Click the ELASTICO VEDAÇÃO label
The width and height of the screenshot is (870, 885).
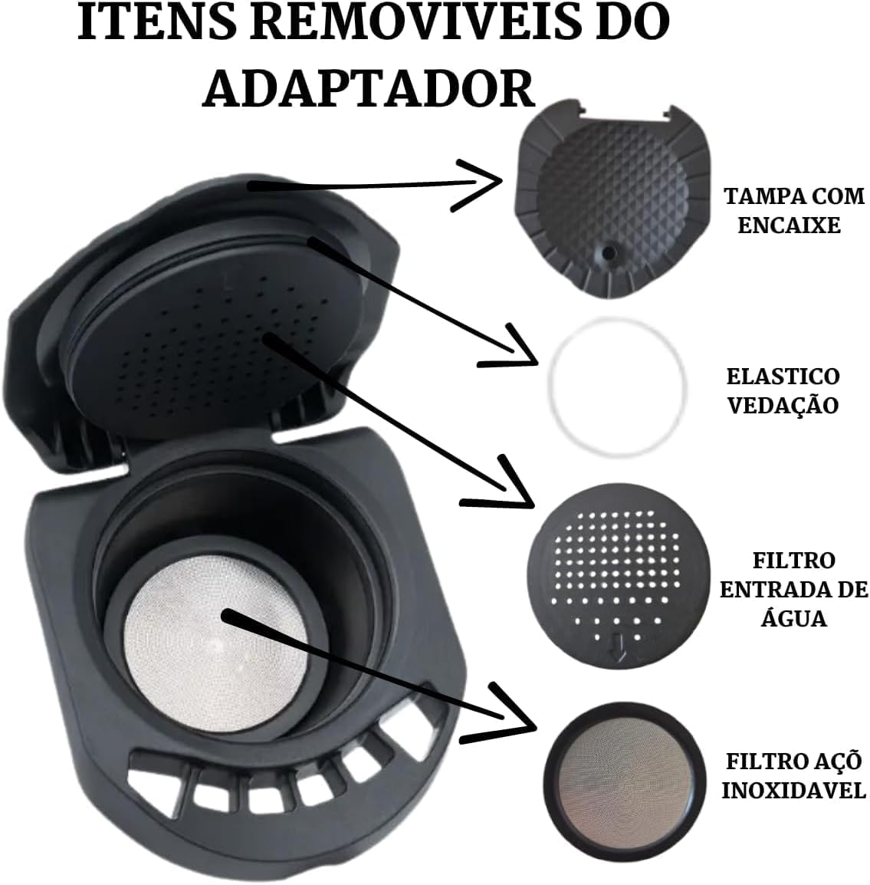[x=783, y=390]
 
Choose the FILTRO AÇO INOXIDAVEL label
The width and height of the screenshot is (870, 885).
[x=793, y=775]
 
